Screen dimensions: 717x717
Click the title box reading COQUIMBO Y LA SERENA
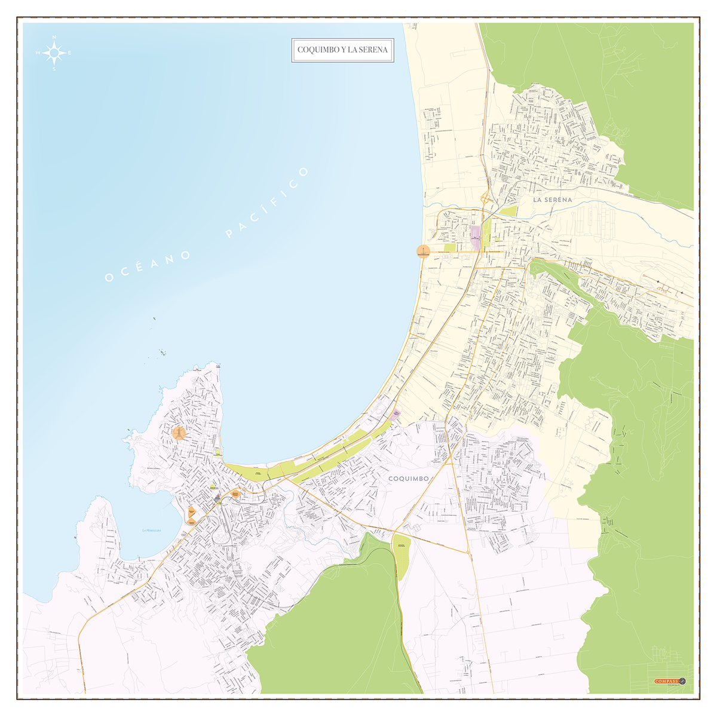tap(342, 50)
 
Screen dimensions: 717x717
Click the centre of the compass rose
tap(54, 53)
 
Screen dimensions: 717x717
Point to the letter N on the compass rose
tap(54, 38)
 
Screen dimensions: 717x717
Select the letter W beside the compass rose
tap(38, 53)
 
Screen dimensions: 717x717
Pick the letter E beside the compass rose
tap(70, 53)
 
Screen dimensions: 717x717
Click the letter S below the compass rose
tap(54, 69)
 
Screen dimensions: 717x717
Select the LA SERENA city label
tap(553, 200)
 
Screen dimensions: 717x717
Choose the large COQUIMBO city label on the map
tap(409, 479)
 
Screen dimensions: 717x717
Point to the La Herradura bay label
tap(152, 531)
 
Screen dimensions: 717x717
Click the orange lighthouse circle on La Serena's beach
tap(423, 251)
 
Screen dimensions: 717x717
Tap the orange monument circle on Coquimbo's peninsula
tap(179, 433)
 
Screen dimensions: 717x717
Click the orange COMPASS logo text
tap(666, 681)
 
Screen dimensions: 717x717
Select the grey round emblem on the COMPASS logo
tap(683, 681)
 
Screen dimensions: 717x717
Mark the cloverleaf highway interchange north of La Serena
tap(485, 198)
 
